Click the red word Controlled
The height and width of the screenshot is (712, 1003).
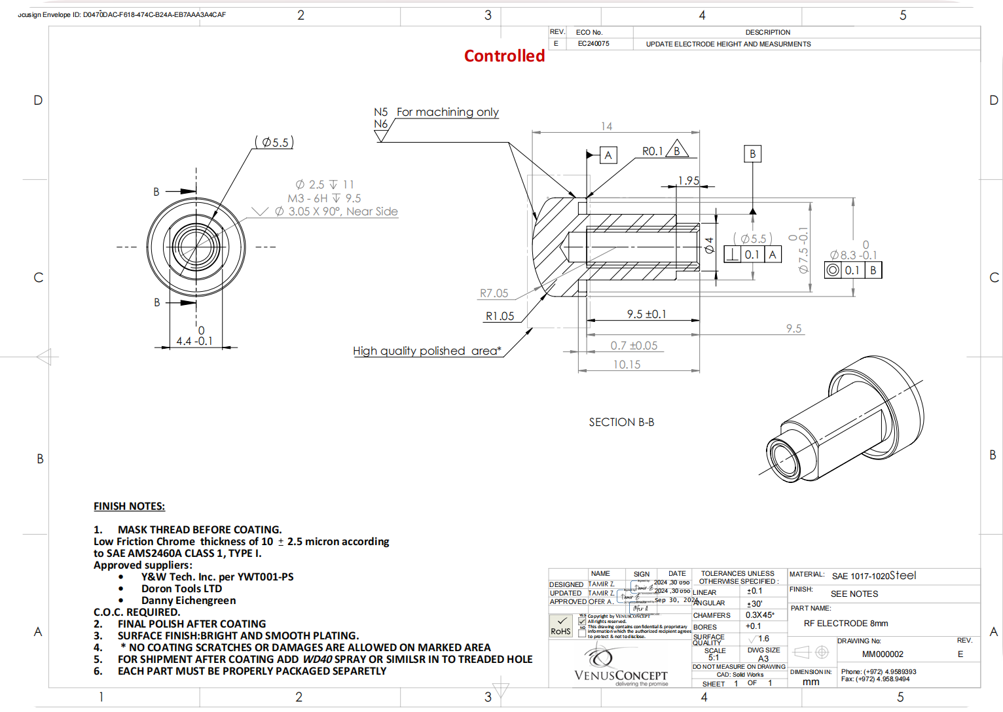504,56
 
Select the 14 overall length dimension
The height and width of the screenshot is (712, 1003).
606,126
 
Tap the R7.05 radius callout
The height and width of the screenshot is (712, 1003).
494,294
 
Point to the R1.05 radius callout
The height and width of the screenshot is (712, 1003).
500,316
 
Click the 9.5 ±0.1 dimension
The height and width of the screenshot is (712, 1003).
646,314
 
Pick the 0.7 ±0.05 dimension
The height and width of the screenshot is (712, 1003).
634,346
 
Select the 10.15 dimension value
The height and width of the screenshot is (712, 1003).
627,365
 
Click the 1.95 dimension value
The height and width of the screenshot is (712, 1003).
688,181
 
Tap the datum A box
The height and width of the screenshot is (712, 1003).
608,155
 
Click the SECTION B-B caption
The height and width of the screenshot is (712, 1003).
621,422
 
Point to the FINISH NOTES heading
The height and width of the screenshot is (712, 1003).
129,506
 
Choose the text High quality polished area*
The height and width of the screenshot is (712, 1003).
427,351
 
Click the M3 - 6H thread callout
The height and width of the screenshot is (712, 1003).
324,198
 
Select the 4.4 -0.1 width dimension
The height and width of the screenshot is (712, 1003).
194,341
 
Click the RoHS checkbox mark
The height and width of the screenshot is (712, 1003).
561,621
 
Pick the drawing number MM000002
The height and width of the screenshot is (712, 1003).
883,654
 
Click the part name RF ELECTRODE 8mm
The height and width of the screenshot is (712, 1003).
846,623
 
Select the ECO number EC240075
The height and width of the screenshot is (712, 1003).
593,44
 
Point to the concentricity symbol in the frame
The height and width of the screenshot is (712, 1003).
833,270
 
